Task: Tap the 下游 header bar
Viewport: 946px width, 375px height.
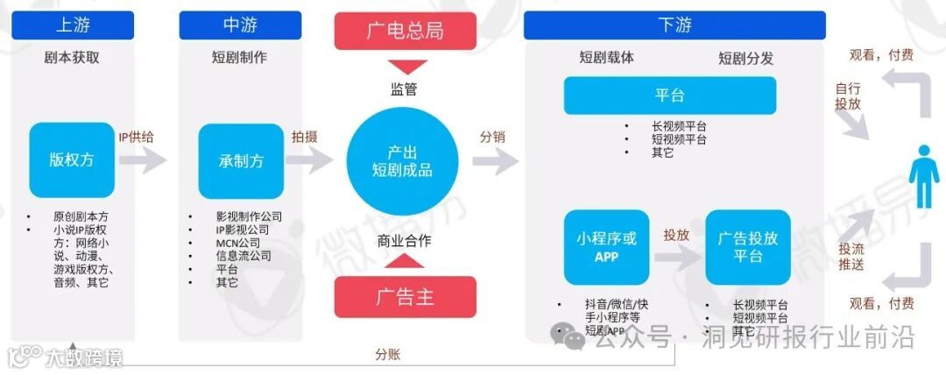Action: point(674,25)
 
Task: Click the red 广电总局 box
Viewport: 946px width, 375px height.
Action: point(405,31)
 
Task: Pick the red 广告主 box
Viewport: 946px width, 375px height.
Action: point(405,296)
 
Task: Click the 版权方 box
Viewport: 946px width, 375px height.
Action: point(71,160)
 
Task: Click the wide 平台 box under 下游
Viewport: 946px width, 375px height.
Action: point(669,96)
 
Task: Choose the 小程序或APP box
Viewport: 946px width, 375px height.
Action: point(606,247)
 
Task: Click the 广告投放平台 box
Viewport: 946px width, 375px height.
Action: point(747,247)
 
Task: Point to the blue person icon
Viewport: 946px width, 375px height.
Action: point(922,175)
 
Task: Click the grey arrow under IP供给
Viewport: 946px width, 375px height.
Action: point(143,160)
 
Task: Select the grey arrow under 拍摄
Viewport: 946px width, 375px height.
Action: point(310,160)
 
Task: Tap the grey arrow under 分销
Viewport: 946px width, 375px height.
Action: point(495,161)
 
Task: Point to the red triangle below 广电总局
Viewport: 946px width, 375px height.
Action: point(404,67)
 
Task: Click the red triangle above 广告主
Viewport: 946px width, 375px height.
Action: point(404,262)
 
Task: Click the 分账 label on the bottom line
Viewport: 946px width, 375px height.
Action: point(389,354)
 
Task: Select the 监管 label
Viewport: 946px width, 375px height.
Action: point(404,88)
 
